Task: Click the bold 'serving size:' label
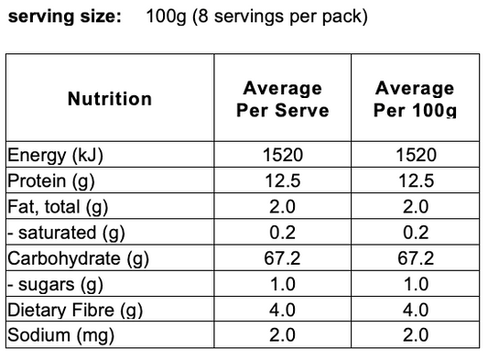tap(64, 16)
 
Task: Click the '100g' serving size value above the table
tap(166, 16)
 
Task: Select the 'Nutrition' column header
tap(110, 99)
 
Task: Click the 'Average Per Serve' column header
tap(283, 99)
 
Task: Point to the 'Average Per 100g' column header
tap(415, 99)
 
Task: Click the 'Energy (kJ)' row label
tap(55, 155)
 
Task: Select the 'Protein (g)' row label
tap(51, 181)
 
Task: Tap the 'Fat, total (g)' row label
tap(58, 207)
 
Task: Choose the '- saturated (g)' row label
tap(66, 233)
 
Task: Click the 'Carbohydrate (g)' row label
tap(78, 258)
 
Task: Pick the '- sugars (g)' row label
tap(55, 284)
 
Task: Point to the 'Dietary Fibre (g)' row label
tap(75, 311)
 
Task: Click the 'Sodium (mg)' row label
tap(60, 335)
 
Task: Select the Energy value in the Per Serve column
tap(283, 155)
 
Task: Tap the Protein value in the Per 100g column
tap(416, 180)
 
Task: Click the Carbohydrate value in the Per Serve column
tap(282, 258)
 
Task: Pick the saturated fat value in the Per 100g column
tap(416, 233)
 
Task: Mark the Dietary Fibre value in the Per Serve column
tap(282, 310)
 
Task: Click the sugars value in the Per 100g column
tap(416, 284)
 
